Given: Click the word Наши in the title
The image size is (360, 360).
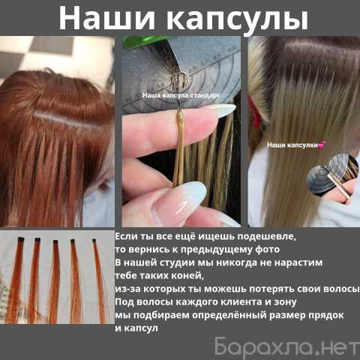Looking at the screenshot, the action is [106, 18].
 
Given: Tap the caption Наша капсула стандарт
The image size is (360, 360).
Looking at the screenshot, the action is [181, 95].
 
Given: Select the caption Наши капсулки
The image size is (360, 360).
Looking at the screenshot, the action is [292, 145].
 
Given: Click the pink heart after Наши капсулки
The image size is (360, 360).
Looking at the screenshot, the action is [322, 145].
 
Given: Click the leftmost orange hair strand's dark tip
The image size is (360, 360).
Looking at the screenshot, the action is [21, 239].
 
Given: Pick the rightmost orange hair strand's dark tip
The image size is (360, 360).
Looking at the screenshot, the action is [94, 241].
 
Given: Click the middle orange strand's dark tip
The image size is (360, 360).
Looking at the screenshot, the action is [55, 241].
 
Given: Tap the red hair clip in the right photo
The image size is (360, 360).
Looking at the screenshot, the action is [256, 114].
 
